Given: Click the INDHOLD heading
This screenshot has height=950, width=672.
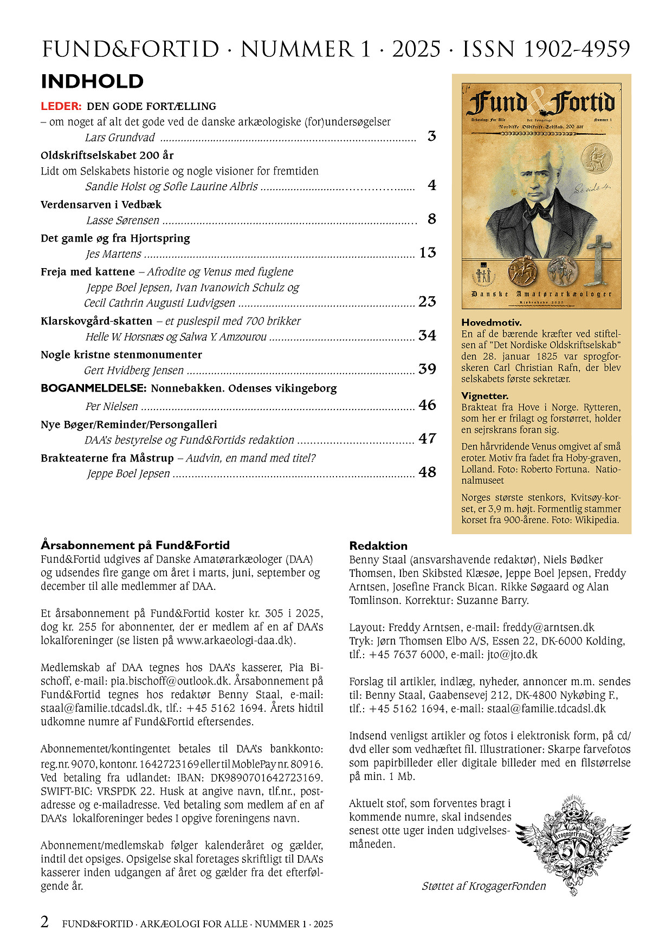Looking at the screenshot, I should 92,82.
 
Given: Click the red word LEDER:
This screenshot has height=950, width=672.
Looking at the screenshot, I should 61,107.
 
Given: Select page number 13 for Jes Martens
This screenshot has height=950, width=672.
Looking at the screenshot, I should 428,253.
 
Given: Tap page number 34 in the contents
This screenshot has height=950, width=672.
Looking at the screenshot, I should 427,336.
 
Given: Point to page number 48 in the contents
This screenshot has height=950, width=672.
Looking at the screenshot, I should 427,472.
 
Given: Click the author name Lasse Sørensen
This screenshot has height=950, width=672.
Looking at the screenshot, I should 123,220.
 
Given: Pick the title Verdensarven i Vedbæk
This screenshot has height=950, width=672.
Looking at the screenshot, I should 101,205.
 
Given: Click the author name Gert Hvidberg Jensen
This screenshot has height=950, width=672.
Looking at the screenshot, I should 134,370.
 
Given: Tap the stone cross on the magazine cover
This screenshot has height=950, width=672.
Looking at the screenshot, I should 598,261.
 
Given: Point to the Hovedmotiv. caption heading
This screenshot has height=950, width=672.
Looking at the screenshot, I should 492,323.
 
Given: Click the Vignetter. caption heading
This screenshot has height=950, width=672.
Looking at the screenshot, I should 485,396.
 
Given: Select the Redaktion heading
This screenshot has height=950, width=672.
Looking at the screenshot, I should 378,546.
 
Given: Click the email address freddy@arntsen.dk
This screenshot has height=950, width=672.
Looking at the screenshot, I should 548,628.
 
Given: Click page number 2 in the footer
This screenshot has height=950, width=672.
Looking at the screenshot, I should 45,922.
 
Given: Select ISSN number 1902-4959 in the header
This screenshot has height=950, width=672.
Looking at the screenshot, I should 577,49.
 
